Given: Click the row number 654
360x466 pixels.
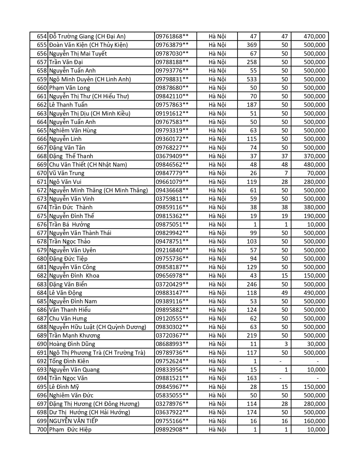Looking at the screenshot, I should tap(42, 36).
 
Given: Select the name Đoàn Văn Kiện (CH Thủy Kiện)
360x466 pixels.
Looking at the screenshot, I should tap(88, 45).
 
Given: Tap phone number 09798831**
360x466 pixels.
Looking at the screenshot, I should tap(172, 79).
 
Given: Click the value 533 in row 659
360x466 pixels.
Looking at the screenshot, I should tap(252, 79).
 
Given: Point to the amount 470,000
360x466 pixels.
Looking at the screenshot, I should tap(315, 36).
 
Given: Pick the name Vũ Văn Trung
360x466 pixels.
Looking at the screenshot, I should tap(67, 173).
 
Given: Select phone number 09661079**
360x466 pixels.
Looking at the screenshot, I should tap(172, 182).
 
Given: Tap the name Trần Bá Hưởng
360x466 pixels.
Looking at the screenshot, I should tap(69, 225).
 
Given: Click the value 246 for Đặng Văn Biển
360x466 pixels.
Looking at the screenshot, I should tap(252, 284).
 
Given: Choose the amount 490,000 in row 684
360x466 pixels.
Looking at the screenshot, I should tap(315, 293).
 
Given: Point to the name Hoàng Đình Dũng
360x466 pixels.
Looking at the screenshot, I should tap(72, 344).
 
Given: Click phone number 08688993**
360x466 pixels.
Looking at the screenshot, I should tap(172, 344).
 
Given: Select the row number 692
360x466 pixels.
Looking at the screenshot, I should tap(42, 361).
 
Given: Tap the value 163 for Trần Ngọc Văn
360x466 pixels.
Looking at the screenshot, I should tap(252, 378).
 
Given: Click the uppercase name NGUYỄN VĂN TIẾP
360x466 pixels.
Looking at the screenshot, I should tap(73, 421).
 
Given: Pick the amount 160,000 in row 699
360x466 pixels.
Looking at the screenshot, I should tap(315, 421).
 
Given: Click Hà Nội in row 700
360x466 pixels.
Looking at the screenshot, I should tap(217, 430).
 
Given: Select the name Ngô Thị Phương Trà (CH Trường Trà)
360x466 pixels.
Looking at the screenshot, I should tap(97, 353).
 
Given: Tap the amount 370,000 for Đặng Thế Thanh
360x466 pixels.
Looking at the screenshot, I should tap(315, 156).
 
